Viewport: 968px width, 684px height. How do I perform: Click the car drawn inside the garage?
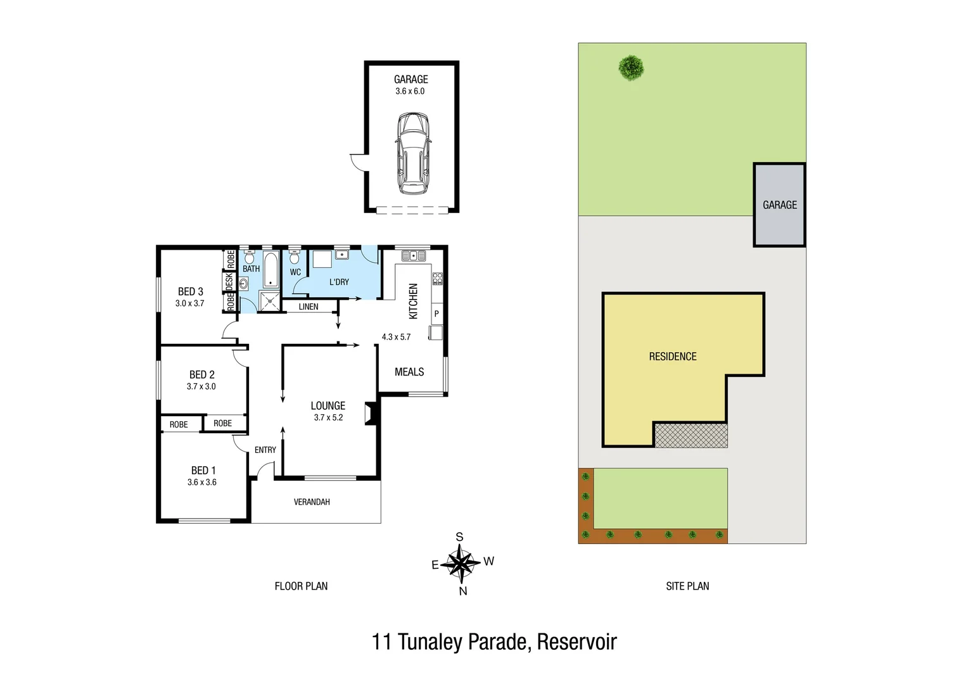pos(412,154)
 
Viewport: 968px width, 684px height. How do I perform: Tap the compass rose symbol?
pos(461,563)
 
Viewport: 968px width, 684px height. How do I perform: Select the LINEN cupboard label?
pos(309,307)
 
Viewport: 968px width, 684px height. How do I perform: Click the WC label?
pos(295,272)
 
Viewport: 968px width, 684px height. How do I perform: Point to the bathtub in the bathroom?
pos(271,270)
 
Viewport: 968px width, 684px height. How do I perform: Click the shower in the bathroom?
pos(270,301)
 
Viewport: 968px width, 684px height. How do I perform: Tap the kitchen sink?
pos(413,256)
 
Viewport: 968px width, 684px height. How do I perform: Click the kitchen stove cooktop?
pos(437,279)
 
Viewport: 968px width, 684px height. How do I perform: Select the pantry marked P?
pos(436,313)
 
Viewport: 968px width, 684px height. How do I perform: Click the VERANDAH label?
pos(312,502)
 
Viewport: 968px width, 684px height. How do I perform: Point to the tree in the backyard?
pos(631,67)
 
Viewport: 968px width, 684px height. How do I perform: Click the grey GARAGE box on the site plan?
pos(779,205)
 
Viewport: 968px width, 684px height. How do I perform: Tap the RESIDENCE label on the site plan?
pos(672,357)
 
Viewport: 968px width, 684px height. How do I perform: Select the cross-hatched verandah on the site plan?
pos(691,436)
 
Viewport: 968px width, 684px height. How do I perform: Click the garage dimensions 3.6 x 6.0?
pos(410,91)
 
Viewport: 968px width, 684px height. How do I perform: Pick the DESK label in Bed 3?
pos(229,282)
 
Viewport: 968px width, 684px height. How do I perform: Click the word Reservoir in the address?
pos(576,642)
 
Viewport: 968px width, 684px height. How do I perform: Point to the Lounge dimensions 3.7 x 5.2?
pos(328,417)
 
